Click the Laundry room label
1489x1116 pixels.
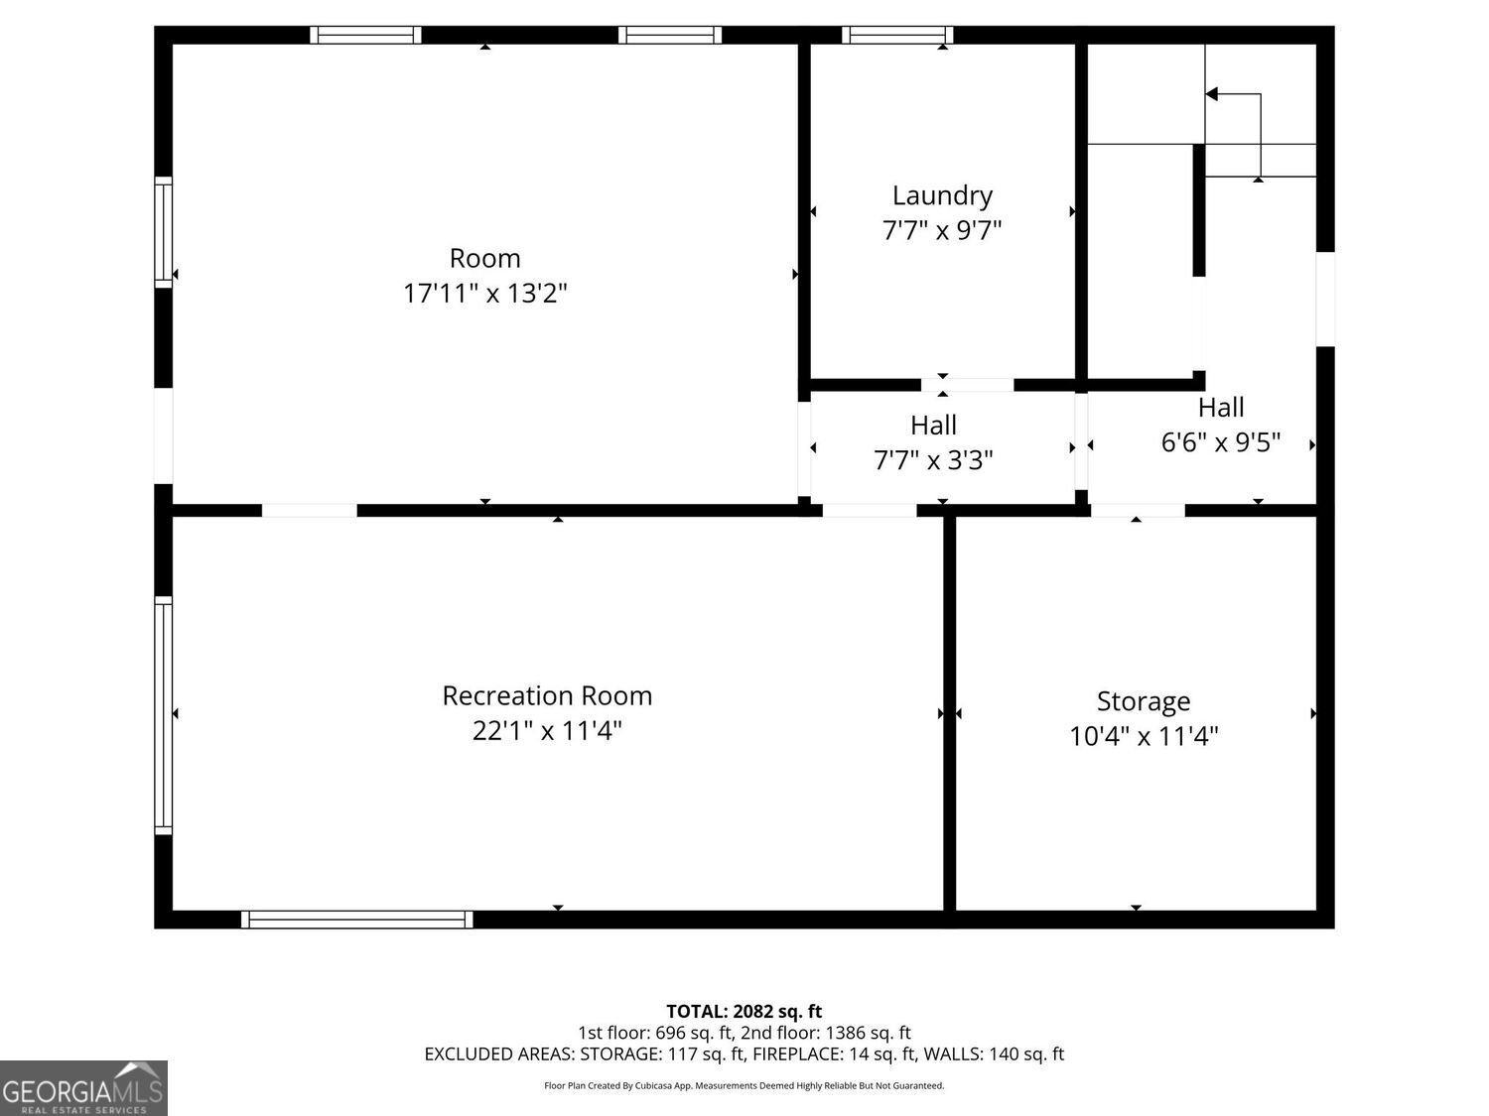(941, 195)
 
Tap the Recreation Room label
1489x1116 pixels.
(547, 695)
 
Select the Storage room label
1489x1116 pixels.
(1143, 701)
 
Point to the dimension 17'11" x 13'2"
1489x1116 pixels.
(484, 294)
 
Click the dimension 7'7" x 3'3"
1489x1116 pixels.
(933, 460)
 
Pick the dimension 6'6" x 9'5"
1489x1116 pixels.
(1220, 442)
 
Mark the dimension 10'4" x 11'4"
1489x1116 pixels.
(1143, 736)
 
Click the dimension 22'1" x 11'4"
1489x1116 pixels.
(547, 731)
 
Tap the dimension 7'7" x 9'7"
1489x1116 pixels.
(941, 230)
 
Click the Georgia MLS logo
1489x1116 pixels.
(83, 1088)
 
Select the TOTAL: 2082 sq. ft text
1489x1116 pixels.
(744, 1012)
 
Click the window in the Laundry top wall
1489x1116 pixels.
(897, 36)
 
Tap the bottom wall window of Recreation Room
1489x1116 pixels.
(356, 920)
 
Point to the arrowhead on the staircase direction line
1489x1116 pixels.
(1211, 94)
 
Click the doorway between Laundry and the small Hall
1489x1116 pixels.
(967, 385)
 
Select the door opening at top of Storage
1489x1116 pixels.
(1138, 511)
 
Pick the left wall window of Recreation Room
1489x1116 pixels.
(164, 714)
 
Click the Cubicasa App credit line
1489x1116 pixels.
(744, 1086)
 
